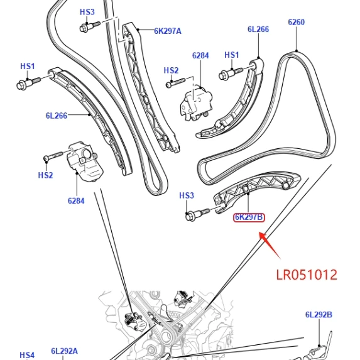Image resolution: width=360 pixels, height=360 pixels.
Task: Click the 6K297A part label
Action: [x=168, y=31]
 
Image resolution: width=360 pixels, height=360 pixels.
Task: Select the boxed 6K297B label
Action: [x=249, y=217]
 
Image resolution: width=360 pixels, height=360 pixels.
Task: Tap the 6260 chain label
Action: [x=297, y=22]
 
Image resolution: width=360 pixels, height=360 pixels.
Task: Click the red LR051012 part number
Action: [x=307, y=275]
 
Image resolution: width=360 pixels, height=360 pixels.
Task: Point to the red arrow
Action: [x=270, y=246]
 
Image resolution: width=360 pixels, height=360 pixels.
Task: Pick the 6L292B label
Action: [x=319, y=315]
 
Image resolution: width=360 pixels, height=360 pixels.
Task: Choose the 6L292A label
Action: [x=64, y=351]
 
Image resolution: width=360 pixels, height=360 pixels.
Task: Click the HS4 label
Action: [x=27, y=355]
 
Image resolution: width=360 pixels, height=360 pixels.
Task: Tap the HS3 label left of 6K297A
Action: [x=87, y=12]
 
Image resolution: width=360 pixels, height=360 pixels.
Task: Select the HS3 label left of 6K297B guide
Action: [x=187, y=195]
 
